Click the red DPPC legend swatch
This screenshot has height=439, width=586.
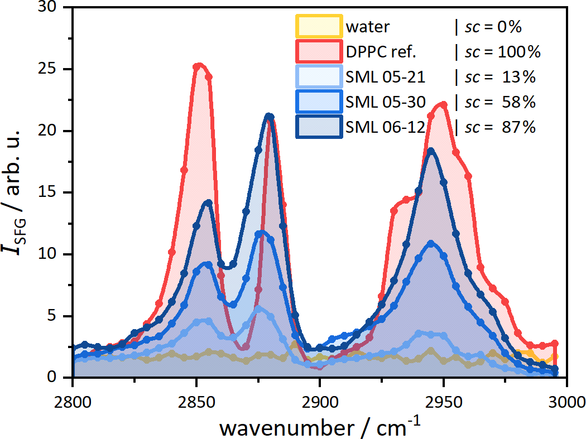(x=319, y=51)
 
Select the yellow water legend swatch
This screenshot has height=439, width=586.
(x=319, y=26)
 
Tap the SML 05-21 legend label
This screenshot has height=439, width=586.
(x=385, y=77)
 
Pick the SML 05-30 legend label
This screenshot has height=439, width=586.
(x=385, y=102)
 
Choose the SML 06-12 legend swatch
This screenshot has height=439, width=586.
(x=319, y=127)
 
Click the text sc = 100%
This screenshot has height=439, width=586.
(x=503, y=52)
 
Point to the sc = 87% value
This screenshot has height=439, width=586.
(x=500, y=127)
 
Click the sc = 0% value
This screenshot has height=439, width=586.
(x=493, y=27)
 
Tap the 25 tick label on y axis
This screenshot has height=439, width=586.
(x=47, y=69)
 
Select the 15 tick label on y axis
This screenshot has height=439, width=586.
(x=47, y=192)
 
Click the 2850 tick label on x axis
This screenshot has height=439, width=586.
(x=196, y=402)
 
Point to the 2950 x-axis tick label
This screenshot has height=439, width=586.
(x=444, y=402)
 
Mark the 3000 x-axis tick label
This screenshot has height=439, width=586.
(x=567, y=402)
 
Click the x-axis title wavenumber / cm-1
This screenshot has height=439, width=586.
(x=320, y=426)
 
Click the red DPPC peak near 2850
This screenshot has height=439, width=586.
(x=199, y=65)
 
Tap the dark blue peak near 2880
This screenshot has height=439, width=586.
(x=269, y=116)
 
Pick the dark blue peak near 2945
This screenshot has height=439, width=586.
(x=431, y=150)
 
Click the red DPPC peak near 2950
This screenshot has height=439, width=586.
(x=443, y=104)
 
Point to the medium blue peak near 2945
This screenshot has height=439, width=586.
(x=431, y=244)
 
